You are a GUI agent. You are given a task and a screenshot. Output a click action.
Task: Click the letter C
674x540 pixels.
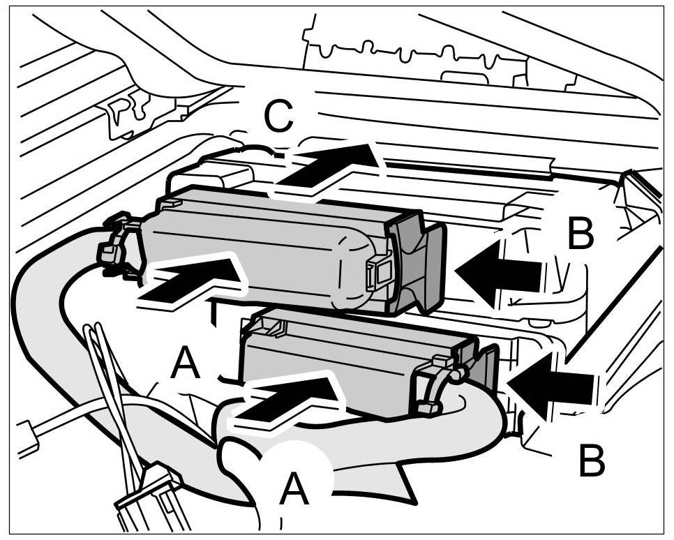tap(279, 118)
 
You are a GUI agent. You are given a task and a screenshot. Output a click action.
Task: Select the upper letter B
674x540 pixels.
tap(581, 234)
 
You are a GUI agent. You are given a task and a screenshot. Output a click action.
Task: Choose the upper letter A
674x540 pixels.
tap(186, 364)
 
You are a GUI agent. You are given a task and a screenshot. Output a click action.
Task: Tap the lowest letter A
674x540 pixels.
tap(294, 489)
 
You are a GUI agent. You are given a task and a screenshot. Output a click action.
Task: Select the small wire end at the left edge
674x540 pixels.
tap(28, 440)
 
